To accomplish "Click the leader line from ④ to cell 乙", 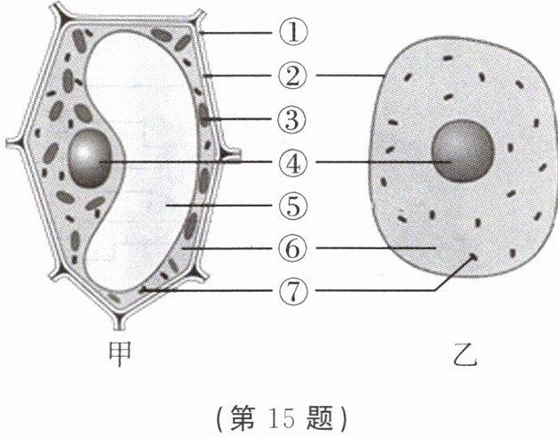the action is tap(373, 162).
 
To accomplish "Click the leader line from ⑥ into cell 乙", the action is tap(373, 247).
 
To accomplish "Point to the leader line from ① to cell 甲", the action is tap(240, 34).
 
